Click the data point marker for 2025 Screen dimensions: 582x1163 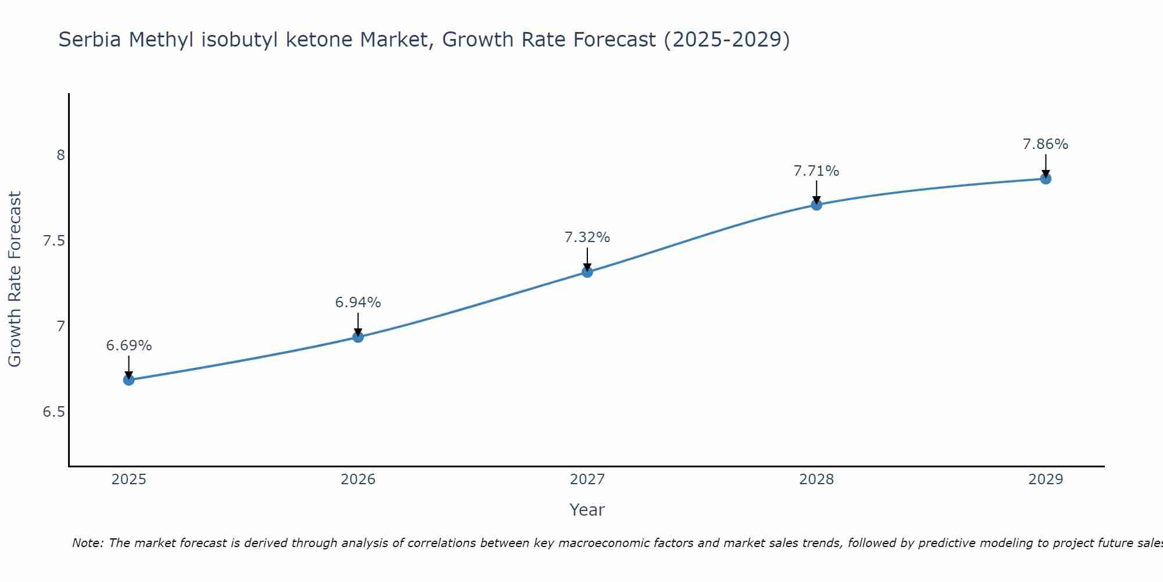coord(129,380)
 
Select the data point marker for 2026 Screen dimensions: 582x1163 coord(358,337)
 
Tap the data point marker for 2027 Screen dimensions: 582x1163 coord(587,272)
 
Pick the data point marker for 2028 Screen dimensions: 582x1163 coord(816,205)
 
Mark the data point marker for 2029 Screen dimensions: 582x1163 coord(1046,179)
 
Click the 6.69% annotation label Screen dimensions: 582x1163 coord(129,346)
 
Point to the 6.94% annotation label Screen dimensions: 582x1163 coord(358,303)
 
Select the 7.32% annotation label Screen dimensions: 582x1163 coord(587,237)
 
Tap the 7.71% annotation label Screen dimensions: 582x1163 coord(816,171)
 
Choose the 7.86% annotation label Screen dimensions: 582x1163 coord(1046,144)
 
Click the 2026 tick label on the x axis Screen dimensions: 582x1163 coord(358,480)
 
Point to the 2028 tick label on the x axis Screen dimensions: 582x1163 coord(816,480)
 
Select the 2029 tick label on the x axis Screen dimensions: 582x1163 coord(1046,480)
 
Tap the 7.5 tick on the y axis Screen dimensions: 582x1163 coord(53,241)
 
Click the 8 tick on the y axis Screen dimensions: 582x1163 coord(60,155)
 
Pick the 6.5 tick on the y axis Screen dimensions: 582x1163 coord(53,412)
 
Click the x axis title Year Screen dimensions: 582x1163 coord(587,510)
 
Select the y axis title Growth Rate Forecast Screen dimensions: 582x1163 coord(15,279)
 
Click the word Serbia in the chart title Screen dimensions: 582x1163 coord(90,40)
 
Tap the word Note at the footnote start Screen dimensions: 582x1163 coord(87,543)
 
